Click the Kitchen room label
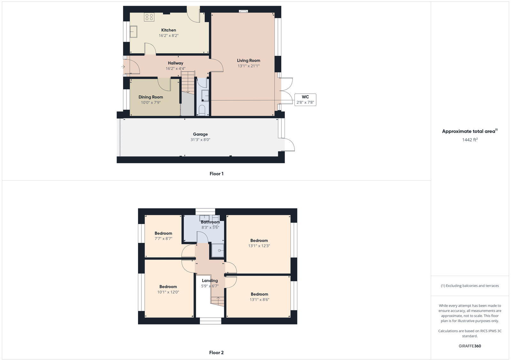pos(168,30)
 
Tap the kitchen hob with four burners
pos(149,17)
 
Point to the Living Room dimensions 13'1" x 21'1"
pos(248,66)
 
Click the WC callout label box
pos(305,100)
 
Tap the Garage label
pos(200,134)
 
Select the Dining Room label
pos(151,97)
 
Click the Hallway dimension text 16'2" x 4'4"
pos(175,69)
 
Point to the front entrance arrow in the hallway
pos(123,67)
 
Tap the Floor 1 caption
pos(217,174)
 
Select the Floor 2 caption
pos(216,353)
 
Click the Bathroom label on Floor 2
pos(210,222)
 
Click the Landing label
pos(210,281)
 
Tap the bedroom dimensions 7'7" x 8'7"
pos(164,238)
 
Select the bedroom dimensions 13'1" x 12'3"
pos(259,246)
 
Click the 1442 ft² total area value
pos(470,140)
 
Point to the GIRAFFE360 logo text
pos(470,346)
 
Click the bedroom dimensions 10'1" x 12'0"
pos(168,292)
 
